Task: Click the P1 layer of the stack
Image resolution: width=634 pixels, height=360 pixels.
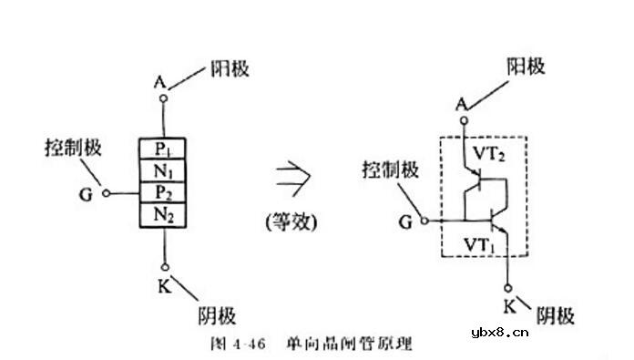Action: pos(163,148)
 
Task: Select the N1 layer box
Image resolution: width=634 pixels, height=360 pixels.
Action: pos(163,170)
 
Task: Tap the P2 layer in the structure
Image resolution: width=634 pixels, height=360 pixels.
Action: pos(163,192)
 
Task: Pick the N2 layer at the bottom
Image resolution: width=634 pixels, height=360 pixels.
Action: pos(163,215)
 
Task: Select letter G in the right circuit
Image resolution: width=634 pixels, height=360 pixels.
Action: pos(404,220)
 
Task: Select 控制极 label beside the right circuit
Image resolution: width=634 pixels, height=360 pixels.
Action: pos(391,169)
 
